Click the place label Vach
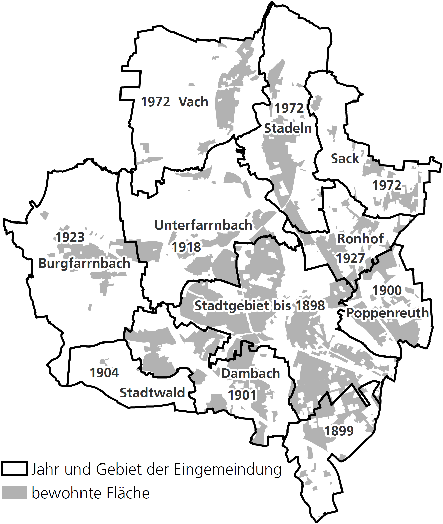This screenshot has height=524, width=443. pos(193,102)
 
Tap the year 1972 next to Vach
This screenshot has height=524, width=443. pos(155,102)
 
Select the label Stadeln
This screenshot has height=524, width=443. pos(288,128)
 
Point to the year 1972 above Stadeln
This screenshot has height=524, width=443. pos(289,108)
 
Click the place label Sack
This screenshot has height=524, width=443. pos(345,159)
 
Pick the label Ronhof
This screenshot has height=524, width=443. pos(360,239)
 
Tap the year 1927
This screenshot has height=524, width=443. pos(350,259)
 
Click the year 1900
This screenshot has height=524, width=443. pos(387,290)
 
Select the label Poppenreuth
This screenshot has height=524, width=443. pos(387,313)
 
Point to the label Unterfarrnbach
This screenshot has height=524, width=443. pos(203,225)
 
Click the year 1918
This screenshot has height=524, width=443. pos(186,247)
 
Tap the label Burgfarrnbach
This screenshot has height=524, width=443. pos(84,263)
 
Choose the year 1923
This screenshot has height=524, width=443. pos(70,237)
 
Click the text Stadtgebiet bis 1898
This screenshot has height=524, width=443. pos(259,306)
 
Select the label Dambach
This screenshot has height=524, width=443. pos(251,373)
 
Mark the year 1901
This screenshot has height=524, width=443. pos(242,395)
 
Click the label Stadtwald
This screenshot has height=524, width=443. pos(152,393)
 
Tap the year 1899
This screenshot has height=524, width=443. pos(339,431)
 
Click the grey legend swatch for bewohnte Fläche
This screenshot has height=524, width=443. pos(14,492)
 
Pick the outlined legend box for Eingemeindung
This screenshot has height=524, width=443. pos(14,469)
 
